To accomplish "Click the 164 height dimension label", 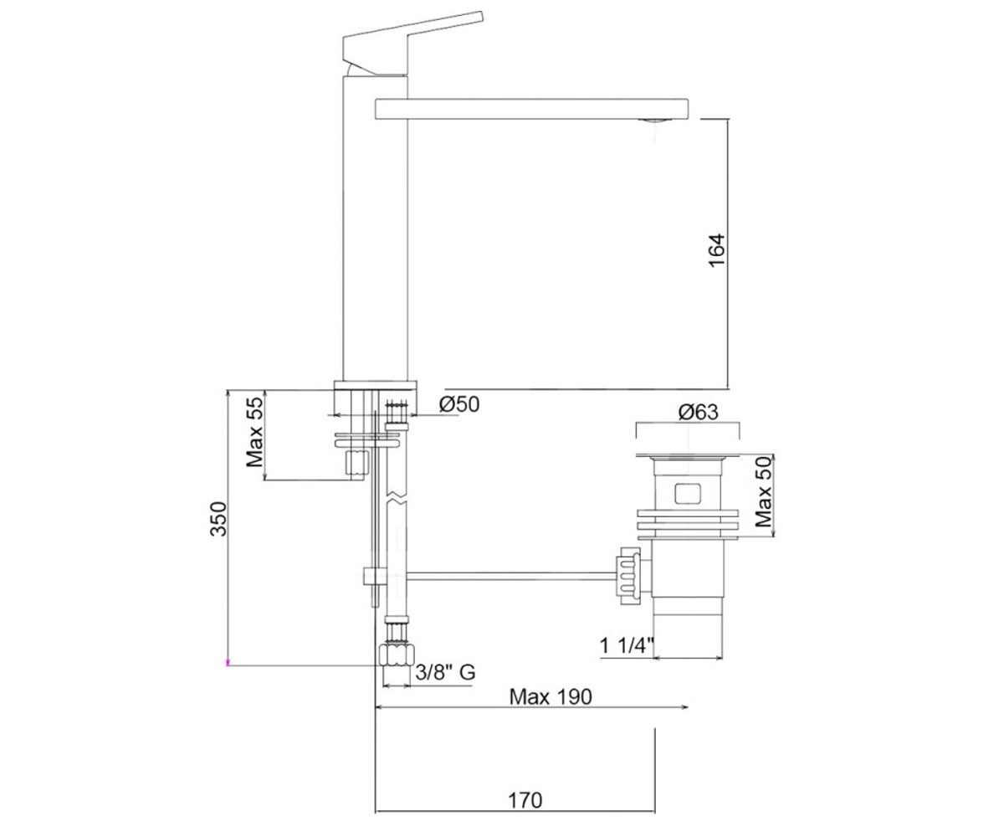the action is tap(716, 250).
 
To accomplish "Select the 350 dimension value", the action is tap(218, 519).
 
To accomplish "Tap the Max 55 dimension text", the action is tap(254, 432).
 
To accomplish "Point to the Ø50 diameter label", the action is tap(459, 404).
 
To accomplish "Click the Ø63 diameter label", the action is tap(698, 412).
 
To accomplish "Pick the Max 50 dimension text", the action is tap(763, 491).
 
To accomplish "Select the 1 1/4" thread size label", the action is tap(627, 645).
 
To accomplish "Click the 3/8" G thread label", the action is tap(446, 671).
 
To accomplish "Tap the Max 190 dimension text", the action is tap(551, 696).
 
